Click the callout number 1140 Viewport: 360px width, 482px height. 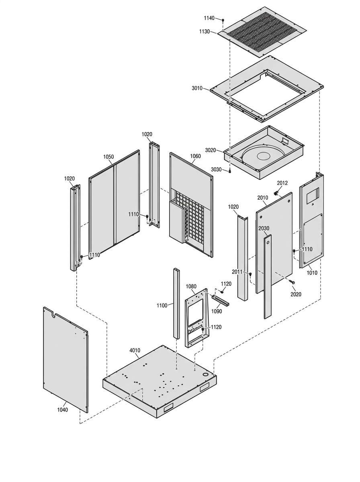click(209, 18)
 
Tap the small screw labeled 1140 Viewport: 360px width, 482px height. click(223, 20)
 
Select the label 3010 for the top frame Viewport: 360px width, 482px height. click(197, 88)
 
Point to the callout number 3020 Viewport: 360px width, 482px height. click(211, 150)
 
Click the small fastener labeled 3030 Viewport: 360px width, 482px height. click(230, 170)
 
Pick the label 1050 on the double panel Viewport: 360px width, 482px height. click(108, 157)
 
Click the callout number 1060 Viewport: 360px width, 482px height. click(195, 156)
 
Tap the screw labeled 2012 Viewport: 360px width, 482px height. click(275, 193)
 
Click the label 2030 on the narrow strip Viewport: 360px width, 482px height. click(264, 229)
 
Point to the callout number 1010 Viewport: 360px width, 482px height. click(312, 273)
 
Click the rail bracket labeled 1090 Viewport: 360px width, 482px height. click(220, 300)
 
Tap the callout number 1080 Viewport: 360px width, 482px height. click(191, 286)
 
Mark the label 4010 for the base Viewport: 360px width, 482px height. click(135, 351)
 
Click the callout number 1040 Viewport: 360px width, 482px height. click(62, 410)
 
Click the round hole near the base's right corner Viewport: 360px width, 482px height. click(206, 374)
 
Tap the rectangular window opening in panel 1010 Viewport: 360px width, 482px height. click(313, 195)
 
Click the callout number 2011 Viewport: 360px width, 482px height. click(237, 272)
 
